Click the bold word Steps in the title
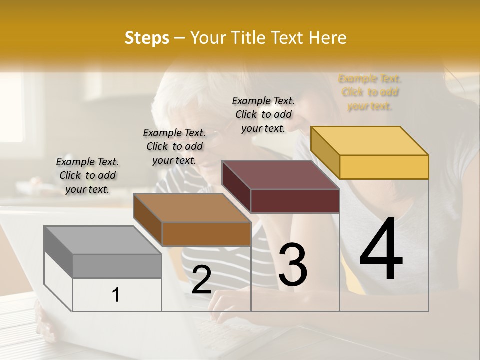coord(146,38)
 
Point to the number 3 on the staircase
coord(293,265)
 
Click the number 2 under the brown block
coord(201,280)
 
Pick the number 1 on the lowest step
coord(116,295)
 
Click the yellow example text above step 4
coord(370,92)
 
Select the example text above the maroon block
coord(263,114)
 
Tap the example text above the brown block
coord(174,146)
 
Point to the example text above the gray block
coord(87,175)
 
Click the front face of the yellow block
coord(384,167)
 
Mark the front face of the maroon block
coord(295,201)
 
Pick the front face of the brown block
coord(206,234)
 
